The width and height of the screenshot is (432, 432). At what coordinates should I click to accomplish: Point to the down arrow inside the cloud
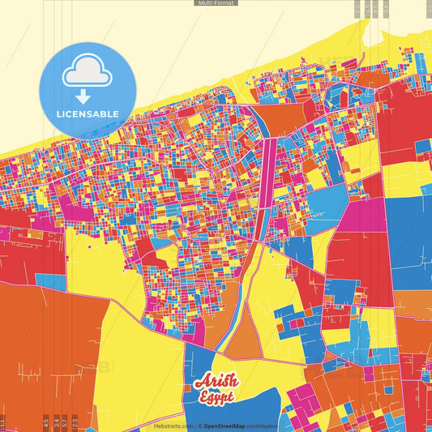point(86,77)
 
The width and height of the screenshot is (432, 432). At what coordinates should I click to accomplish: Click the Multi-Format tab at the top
point(216,3)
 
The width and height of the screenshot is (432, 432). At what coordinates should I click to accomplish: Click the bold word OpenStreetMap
point(225,426)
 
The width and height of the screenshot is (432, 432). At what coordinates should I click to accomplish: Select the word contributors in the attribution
point(261,426)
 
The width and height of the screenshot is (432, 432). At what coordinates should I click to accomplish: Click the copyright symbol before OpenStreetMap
point(199,426)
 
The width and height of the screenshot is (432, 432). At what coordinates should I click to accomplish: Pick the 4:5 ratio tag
point(46,422)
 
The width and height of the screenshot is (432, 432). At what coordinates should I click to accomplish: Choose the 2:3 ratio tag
point(75,422)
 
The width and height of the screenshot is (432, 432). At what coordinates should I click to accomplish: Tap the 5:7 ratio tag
point(65,422)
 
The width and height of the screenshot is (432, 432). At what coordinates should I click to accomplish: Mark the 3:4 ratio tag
point(56,422)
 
